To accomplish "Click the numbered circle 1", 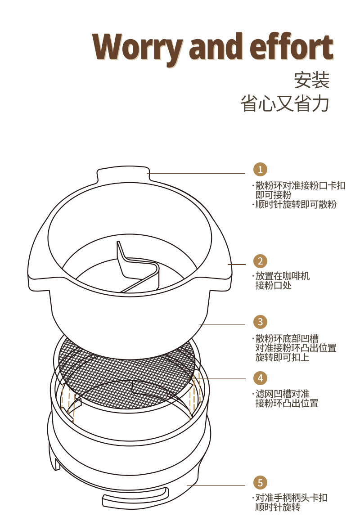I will [260, 169].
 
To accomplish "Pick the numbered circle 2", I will [260, 261].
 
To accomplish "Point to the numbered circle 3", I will [260, 322].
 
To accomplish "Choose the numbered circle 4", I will [260, 377].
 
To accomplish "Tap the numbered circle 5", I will [260, 482].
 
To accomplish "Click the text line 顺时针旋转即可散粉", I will [296, 204].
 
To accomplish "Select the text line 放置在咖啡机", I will [282, 276].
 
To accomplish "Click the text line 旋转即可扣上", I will [282, 358].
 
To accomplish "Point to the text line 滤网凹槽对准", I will [282, 394].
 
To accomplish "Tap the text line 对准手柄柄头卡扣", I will [291, 498].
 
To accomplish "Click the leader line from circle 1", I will [198, 173].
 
